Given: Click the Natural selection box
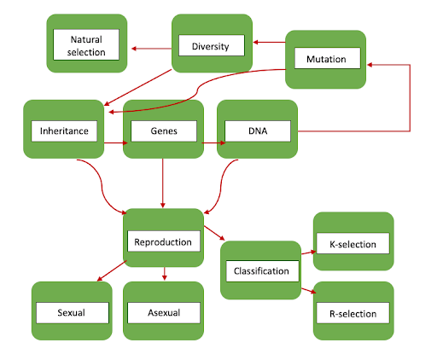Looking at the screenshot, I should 87,45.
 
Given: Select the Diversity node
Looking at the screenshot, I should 210,46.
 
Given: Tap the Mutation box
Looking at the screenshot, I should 325,59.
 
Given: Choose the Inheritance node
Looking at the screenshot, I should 64,131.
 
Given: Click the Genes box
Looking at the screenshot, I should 163,131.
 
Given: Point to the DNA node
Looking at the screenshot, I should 257,131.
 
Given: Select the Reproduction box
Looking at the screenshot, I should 164,241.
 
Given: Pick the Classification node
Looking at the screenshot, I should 261,271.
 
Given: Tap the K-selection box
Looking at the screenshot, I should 353,243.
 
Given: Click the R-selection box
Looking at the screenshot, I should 353,313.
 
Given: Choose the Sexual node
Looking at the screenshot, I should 72,312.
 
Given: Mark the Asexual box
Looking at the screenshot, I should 163,312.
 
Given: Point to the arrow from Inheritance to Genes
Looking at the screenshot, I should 114,143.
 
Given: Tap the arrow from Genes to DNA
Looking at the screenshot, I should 211,143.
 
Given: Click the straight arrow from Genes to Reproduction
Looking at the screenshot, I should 163,183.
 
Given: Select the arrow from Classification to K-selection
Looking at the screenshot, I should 307,252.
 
